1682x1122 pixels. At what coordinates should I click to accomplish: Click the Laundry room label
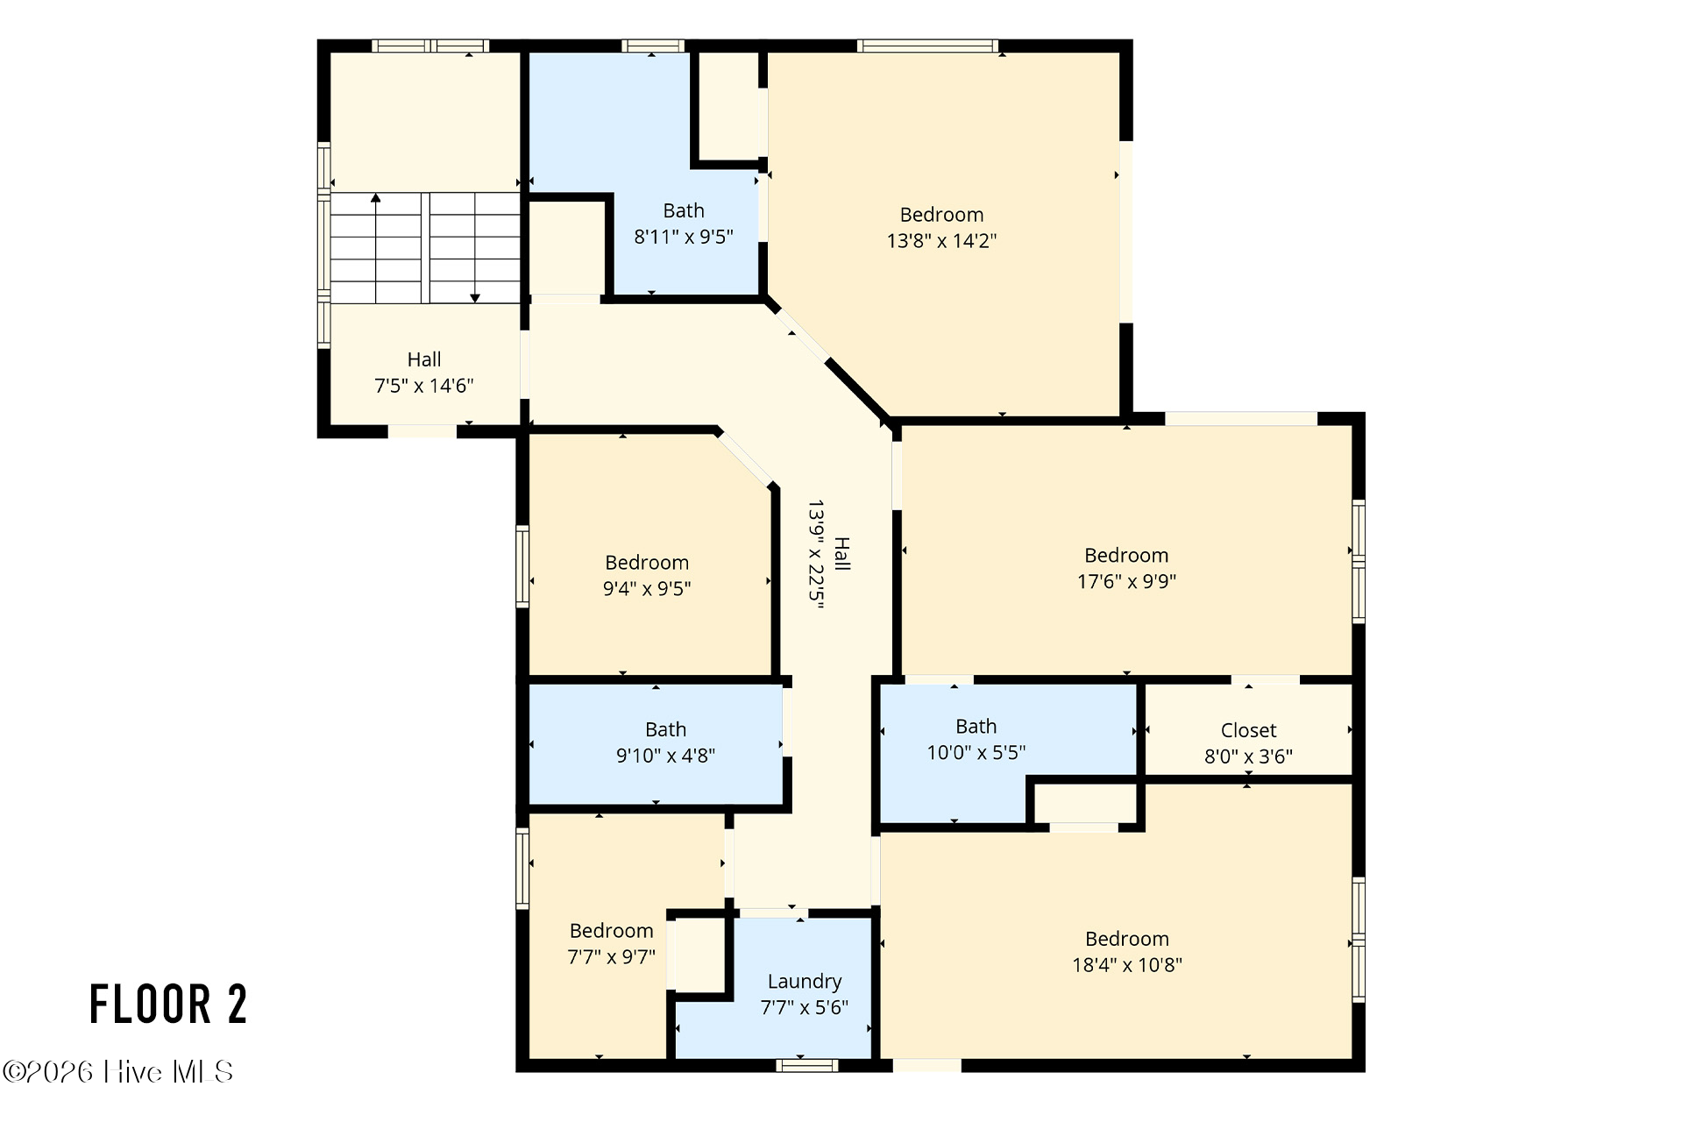click(805, 982)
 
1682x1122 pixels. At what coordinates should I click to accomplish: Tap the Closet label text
click(1248, 730)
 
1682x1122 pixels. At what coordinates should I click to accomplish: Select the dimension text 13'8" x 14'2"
click(941, 240)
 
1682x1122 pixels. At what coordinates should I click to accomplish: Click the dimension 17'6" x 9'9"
click(1126, 580)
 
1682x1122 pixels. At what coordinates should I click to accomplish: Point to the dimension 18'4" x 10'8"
click(1126, 964)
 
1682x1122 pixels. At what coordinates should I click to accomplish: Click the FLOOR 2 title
click(168, 1004)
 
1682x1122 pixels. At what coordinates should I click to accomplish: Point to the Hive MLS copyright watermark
click(117, 1071)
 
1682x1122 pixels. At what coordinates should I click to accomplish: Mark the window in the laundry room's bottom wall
click(807, 1065)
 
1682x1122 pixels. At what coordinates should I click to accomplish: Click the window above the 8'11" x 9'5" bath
click(652, 46)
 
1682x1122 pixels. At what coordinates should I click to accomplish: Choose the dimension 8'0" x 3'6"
click(1248, 756)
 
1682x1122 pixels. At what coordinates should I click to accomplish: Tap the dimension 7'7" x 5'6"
click(805, 1007)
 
